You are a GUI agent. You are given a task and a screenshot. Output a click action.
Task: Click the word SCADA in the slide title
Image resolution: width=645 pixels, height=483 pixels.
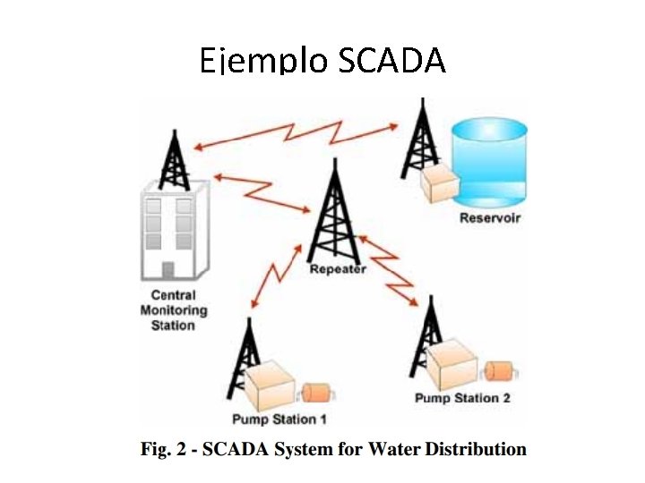[391, 61]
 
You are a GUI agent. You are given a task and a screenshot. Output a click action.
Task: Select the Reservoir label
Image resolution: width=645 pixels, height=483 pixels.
[490, 217]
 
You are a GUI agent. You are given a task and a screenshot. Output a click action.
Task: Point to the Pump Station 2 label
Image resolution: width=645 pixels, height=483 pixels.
[462, 398]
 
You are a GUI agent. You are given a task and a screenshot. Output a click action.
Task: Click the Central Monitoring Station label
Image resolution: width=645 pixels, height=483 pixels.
[173, 310]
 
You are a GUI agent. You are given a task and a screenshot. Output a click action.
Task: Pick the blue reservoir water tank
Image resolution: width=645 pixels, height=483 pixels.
[491, 161]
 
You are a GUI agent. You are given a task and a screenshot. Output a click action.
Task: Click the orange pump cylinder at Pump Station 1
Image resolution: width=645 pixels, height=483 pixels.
[316, 393]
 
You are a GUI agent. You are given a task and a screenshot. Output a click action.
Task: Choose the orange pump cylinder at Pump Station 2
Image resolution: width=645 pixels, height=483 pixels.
[496, 369]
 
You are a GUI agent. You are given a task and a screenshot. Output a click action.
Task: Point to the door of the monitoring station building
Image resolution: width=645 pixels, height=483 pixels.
[168, 269]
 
